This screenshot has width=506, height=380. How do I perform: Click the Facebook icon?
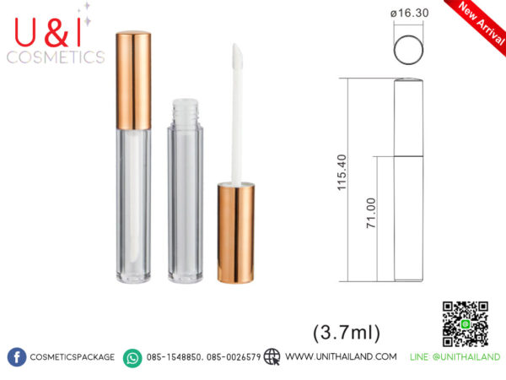click(x=17, y=357)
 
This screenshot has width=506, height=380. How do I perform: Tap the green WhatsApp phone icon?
click(x=132, y=358)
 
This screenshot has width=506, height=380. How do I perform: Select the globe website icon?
click(x=272, y=356)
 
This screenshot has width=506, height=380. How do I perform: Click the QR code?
click(x=465, y=323)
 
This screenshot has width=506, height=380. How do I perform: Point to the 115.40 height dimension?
click(x=342, y=172)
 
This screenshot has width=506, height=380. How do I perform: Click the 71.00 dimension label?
click(x=371, y=213)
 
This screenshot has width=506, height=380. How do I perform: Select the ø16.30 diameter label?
click(x=409, y=14)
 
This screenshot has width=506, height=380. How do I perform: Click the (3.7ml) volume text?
click(x=347, y=332)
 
